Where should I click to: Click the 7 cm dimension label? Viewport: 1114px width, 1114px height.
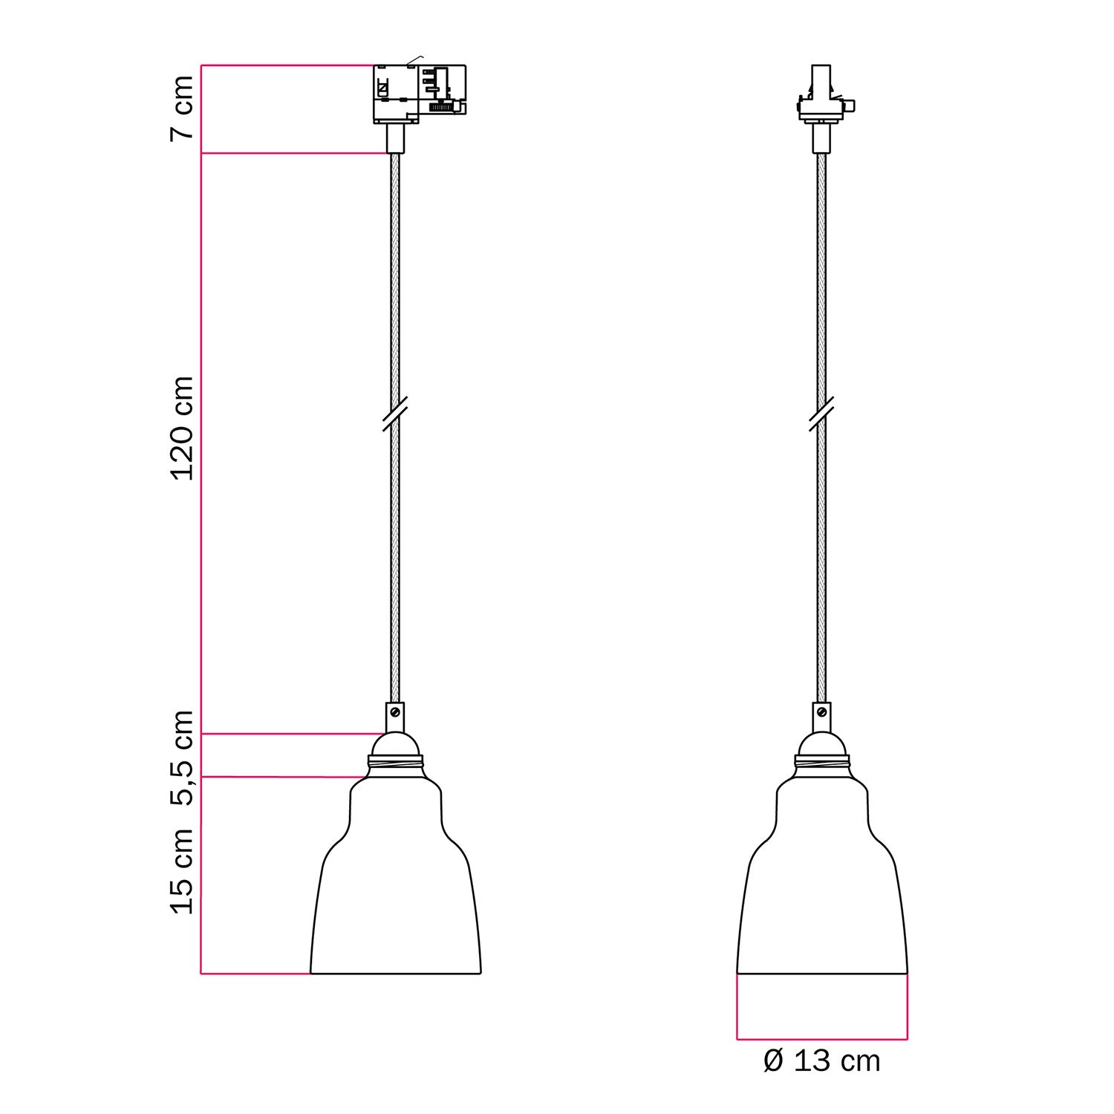click(183, 108)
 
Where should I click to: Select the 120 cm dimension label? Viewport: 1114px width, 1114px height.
click(183, 428)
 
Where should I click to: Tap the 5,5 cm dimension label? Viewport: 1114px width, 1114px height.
click(183, 758)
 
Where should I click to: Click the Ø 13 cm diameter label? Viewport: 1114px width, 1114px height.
click(821, 1061)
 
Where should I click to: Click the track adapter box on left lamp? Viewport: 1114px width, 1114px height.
click(418, 94)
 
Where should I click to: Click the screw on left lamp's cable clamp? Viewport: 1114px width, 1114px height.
click(395, 711)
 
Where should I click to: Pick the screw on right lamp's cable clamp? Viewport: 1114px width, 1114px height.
click(821, 711)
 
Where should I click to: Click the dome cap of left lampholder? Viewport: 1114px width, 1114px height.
click(395, 743)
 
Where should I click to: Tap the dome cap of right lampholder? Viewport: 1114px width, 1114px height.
click(821, 743)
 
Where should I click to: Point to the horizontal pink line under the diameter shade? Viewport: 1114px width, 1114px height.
click(821, 1039)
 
